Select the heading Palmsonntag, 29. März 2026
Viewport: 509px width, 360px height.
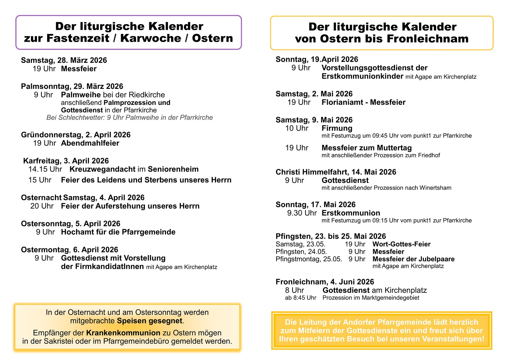72,86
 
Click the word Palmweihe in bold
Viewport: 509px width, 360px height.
81,95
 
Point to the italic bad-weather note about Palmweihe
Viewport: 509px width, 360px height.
130,118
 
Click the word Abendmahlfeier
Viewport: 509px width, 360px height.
90,143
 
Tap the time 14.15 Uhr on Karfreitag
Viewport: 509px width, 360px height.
45,169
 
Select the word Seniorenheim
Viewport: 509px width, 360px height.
173,169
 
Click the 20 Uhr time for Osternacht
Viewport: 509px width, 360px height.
42,206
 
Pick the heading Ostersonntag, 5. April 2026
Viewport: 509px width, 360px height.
71,224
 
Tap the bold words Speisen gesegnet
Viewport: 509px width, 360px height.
150,321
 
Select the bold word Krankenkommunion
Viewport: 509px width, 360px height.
123,333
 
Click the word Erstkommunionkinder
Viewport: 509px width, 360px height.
362,76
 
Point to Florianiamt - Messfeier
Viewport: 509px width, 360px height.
363,102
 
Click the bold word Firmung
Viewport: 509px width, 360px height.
337,128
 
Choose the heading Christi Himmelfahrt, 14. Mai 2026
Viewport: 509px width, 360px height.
336,172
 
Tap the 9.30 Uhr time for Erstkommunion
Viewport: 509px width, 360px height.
302,213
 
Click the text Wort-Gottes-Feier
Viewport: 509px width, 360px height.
401,244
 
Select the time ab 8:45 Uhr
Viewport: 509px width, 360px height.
300,298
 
